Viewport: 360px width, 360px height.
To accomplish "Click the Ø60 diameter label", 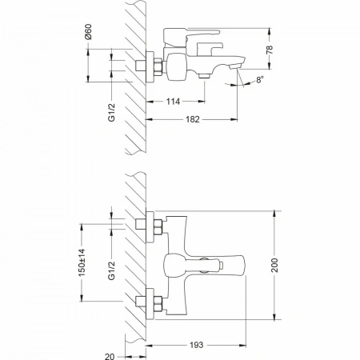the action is [89, 32].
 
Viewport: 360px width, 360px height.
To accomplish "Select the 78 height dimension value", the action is [270, 50].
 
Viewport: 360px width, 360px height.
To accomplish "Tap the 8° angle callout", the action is [260, 79].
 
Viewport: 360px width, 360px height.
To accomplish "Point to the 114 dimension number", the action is [173, 102].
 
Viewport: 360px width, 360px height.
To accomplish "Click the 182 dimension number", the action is [193, 119].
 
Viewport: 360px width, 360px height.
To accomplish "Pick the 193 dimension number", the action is [197, 345].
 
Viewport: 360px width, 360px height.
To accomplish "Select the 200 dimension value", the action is [274, 265].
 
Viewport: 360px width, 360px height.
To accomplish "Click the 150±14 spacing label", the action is [82, 262].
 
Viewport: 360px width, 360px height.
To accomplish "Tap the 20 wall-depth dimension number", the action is [110, 356].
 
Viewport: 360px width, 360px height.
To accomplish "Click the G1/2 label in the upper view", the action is [111, 112].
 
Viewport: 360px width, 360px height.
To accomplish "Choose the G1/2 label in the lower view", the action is [111, 270].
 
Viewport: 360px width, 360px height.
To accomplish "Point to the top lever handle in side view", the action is [202, 33].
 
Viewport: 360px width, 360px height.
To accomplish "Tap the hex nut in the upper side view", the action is [158, 66].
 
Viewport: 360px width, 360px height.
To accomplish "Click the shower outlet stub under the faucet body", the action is [205, 76].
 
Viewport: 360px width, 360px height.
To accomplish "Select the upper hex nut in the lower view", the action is [158, 227].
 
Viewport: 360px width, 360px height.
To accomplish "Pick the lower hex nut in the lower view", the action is [158, 304].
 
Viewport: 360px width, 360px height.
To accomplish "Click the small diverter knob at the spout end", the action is [221, 266].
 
